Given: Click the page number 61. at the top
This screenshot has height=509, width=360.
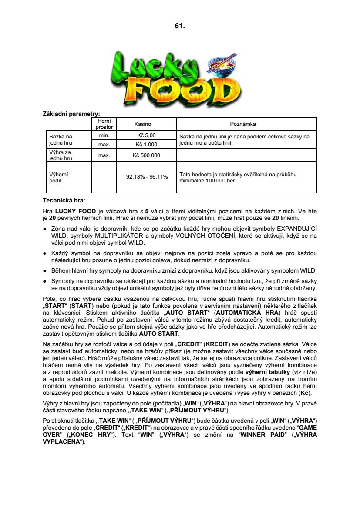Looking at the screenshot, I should tap(180, 26).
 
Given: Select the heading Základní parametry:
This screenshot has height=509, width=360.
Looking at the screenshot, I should tap(71, 114).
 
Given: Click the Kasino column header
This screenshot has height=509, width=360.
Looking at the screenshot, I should tap(143, 124).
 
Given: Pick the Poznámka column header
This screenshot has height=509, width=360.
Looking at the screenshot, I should tap(246, 124).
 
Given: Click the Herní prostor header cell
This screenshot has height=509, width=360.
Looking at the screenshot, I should tap(104, 124).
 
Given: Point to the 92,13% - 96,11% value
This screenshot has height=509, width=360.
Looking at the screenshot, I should tap(147, 177).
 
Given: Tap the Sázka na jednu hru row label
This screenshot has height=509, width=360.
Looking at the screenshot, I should tap(61, 140).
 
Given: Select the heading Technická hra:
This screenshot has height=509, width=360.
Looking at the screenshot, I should tap(64, 201).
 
